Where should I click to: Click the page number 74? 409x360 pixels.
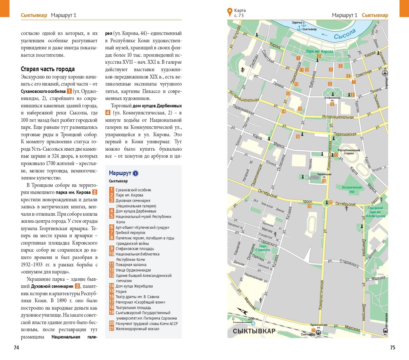(x=17, y=348)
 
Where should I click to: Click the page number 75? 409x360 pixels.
(x=393, y=348)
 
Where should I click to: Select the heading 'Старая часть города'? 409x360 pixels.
(x=48, y=69)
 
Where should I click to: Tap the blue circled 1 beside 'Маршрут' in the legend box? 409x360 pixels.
(x=136, y=174)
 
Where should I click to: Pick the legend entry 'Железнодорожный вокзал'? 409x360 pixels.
(x=137, y=329)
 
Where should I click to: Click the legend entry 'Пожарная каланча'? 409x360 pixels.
(x=131, y=265)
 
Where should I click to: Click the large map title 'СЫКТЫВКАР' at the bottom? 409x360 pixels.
(x=254, y=331)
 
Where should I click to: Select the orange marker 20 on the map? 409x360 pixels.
(x=330, y=202)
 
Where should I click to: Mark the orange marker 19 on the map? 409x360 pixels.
(x=309, y=206)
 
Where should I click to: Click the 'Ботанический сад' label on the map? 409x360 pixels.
(x=351, y=189)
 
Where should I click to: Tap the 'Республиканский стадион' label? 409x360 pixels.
(x=349, y=152)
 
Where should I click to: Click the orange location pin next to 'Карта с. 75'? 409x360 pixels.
(x=230, y=12)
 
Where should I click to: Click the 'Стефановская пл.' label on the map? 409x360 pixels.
(x=332, y=98)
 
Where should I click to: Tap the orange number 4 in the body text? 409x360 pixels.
(x=108, y=113)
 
